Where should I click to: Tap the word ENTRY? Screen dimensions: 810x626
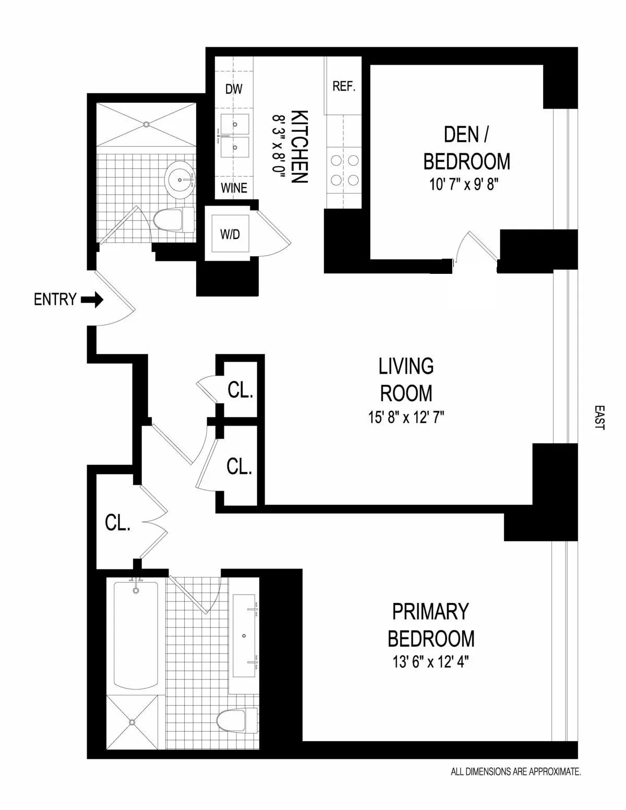[x=55, y=300]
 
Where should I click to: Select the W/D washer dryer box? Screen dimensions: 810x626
[x=230, y=234]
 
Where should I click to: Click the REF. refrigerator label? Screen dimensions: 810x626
[x=344, y=87]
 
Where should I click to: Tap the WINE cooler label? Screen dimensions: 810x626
[x=234, y=188]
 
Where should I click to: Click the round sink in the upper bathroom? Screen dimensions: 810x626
[x=180, y=179]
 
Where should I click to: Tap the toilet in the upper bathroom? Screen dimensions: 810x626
[x=174, y=219]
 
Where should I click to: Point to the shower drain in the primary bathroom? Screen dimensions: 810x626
[x=132, y=722]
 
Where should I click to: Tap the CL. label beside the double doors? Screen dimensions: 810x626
[x=117, y=523]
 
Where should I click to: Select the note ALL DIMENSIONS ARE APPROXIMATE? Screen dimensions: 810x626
[x=515, y=786]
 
